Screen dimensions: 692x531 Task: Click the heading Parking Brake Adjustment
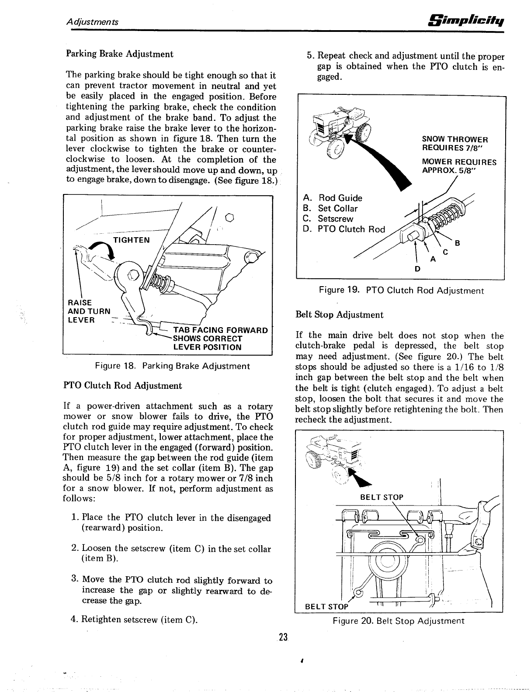[119, 54]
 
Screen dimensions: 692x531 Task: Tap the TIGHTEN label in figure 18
[131, 240]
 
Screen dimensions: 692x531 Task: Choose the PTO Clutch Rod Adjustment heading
[123, 386]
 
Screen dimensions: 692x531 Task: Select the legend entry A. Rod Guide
[333, 198]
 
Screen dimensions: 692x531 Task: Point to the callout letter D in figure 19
[417, 269]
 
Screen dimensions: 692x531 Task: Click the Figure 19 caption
[401, 291]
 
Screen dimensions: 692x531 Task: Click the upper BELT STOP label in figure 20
[381, 497]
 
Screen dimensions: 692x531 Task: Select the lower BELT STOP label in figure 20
[326, 606]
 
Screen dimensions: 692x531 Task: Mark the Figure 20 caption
[398, 621]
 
